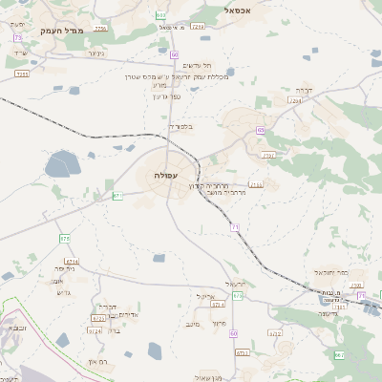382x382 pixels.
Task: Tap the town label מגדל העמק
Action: tap(63, 31)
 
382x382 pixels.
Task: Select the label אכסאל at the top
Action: tap(237, 11)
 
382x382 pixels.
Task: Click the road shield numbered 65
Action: tap(260, 131)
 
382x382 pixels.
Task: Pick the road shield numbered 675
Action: tap(238, 297)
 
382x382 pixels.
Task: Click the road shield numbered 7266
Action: tap(294, 100)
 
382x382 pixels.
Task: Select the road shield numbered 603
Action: tap(160, 15)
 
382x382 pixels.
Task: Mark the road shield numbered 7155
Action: tap(255, 184)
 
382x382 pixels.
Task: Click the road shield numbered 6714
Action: tap(72, 261)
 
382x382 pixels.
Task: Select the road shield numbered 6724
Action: tap(95, 330)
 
